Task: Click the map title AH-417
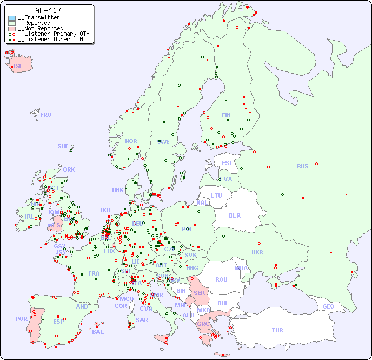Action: [x=48, y=10]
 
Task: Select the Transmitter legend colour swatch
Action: [x=12, y=18]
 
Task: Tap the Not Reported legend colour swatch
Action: [x=12, y=29]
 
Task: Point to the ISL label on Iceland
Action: [x=18, y=67]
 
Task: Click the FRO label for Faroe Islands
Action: [x=45, y=115]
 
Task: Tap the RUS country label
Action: [x=302, y=166]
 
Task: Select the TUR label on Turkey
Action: [x=277, y=330]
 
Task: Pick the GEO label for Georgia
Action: [x=328, y=306]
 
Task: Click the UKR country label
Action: [x=257, y=252]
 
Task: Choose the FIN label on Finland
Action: [x=226, y=115]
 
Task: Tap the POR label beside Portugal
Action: [x=21, y=319]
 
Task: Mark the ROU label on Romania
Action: [x=221, y=279]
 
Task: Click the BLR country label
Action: [x=234, y=215]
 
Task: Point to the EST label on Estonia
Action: [x=227, y=163]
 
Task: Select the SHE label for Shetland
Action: [x=63, y=146]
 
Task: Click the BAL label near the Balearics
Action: [x=97, y=332]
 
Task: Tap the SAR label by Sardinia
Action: [x=142, y=320]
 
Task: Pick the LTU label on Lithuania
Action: [x=216, y=195]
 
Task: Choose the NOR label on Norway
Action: [x=131, y=141]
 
